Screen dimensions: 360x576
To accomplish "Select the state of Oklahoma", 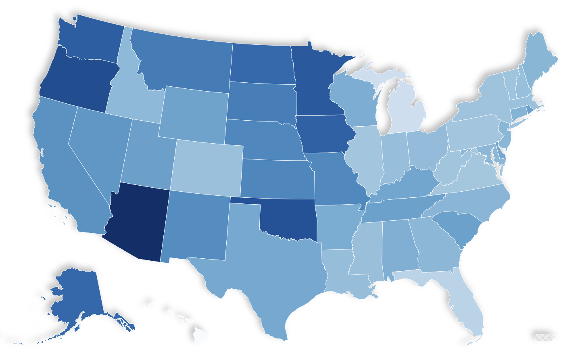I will pos(290,220).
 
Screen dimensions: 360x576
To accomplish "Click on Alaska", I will pos(79,295).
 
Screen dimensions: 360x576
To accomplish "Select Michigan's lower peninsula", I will pos(405,111).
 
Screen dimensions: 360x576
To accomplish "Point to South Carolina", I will pos(458,228).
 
